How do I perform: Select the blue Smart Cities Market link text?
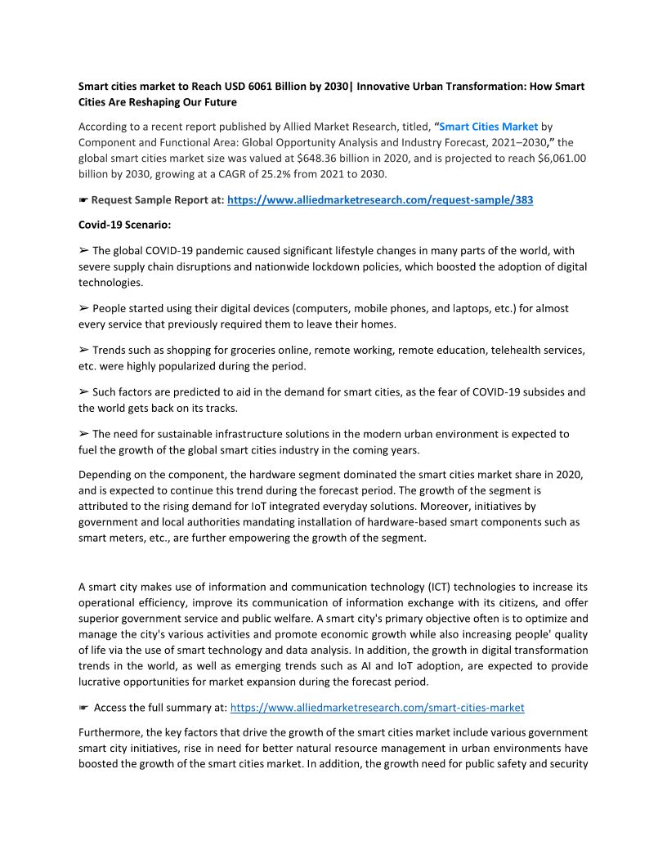(x=489, y=127)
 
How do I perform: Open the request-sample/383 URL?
(x=380, y=199)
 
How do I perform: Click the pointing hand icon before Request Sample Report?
(x=83, y=199)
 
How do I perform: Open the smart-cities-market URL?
(x=378, y=708)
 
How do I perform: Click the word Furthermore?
(x=110, y=732)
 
